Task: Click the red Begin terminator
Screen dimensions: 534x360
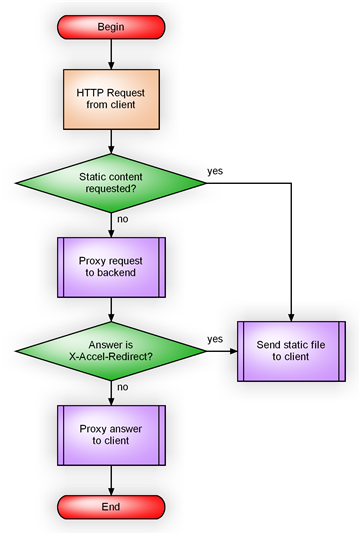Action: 111,26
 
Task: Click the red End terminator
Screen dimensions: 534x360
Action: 111,507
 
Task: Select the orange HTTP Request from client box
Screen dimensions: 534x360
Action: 111,98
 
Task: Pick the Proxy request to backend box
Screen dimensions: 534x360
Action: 111,267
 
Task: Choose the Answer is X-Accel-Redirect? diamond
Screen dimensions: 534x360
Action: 111,352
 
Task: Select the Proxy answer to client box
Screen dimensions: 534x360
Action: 111,436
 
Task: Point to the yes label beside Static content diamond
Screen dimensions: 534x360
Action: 215,170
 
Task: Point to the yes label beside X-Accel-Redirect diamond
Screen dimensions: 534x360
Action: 215,339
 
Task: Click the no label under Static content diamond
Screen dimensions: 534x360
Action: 122,218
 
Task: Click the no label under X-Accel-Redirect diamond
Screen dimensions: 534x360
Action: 122,387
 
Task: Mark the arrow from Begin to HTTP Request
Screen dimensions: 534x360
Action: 111,53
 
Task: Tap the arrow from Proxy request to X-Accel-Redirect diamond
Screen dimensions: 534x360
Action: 111,307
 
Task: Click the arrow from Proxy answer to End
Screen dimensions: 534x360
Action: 111,478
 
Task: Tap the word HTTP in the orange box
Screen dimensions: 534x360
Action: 90,91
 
